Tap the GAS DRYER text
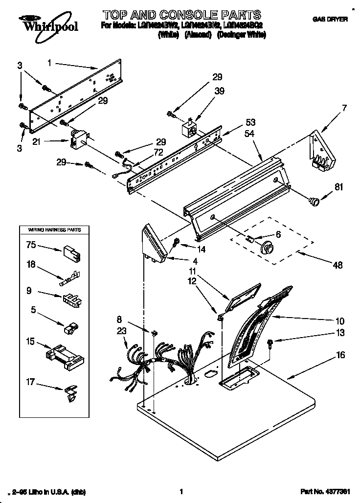coord(330,19)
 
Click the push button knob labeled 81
coord(313,199)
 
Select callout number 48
coord(337,265)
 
